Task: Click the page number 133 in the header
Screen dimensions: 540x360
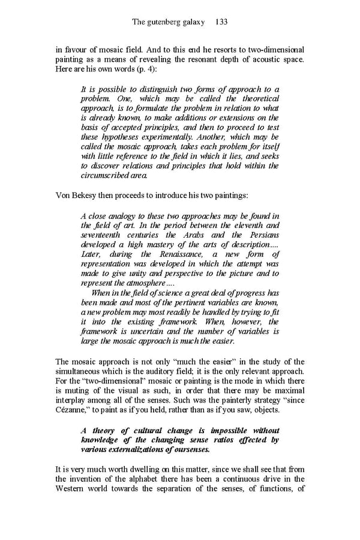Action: click(220, 22)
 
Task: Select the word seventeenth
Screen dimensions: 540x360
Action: click(107, 235)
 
